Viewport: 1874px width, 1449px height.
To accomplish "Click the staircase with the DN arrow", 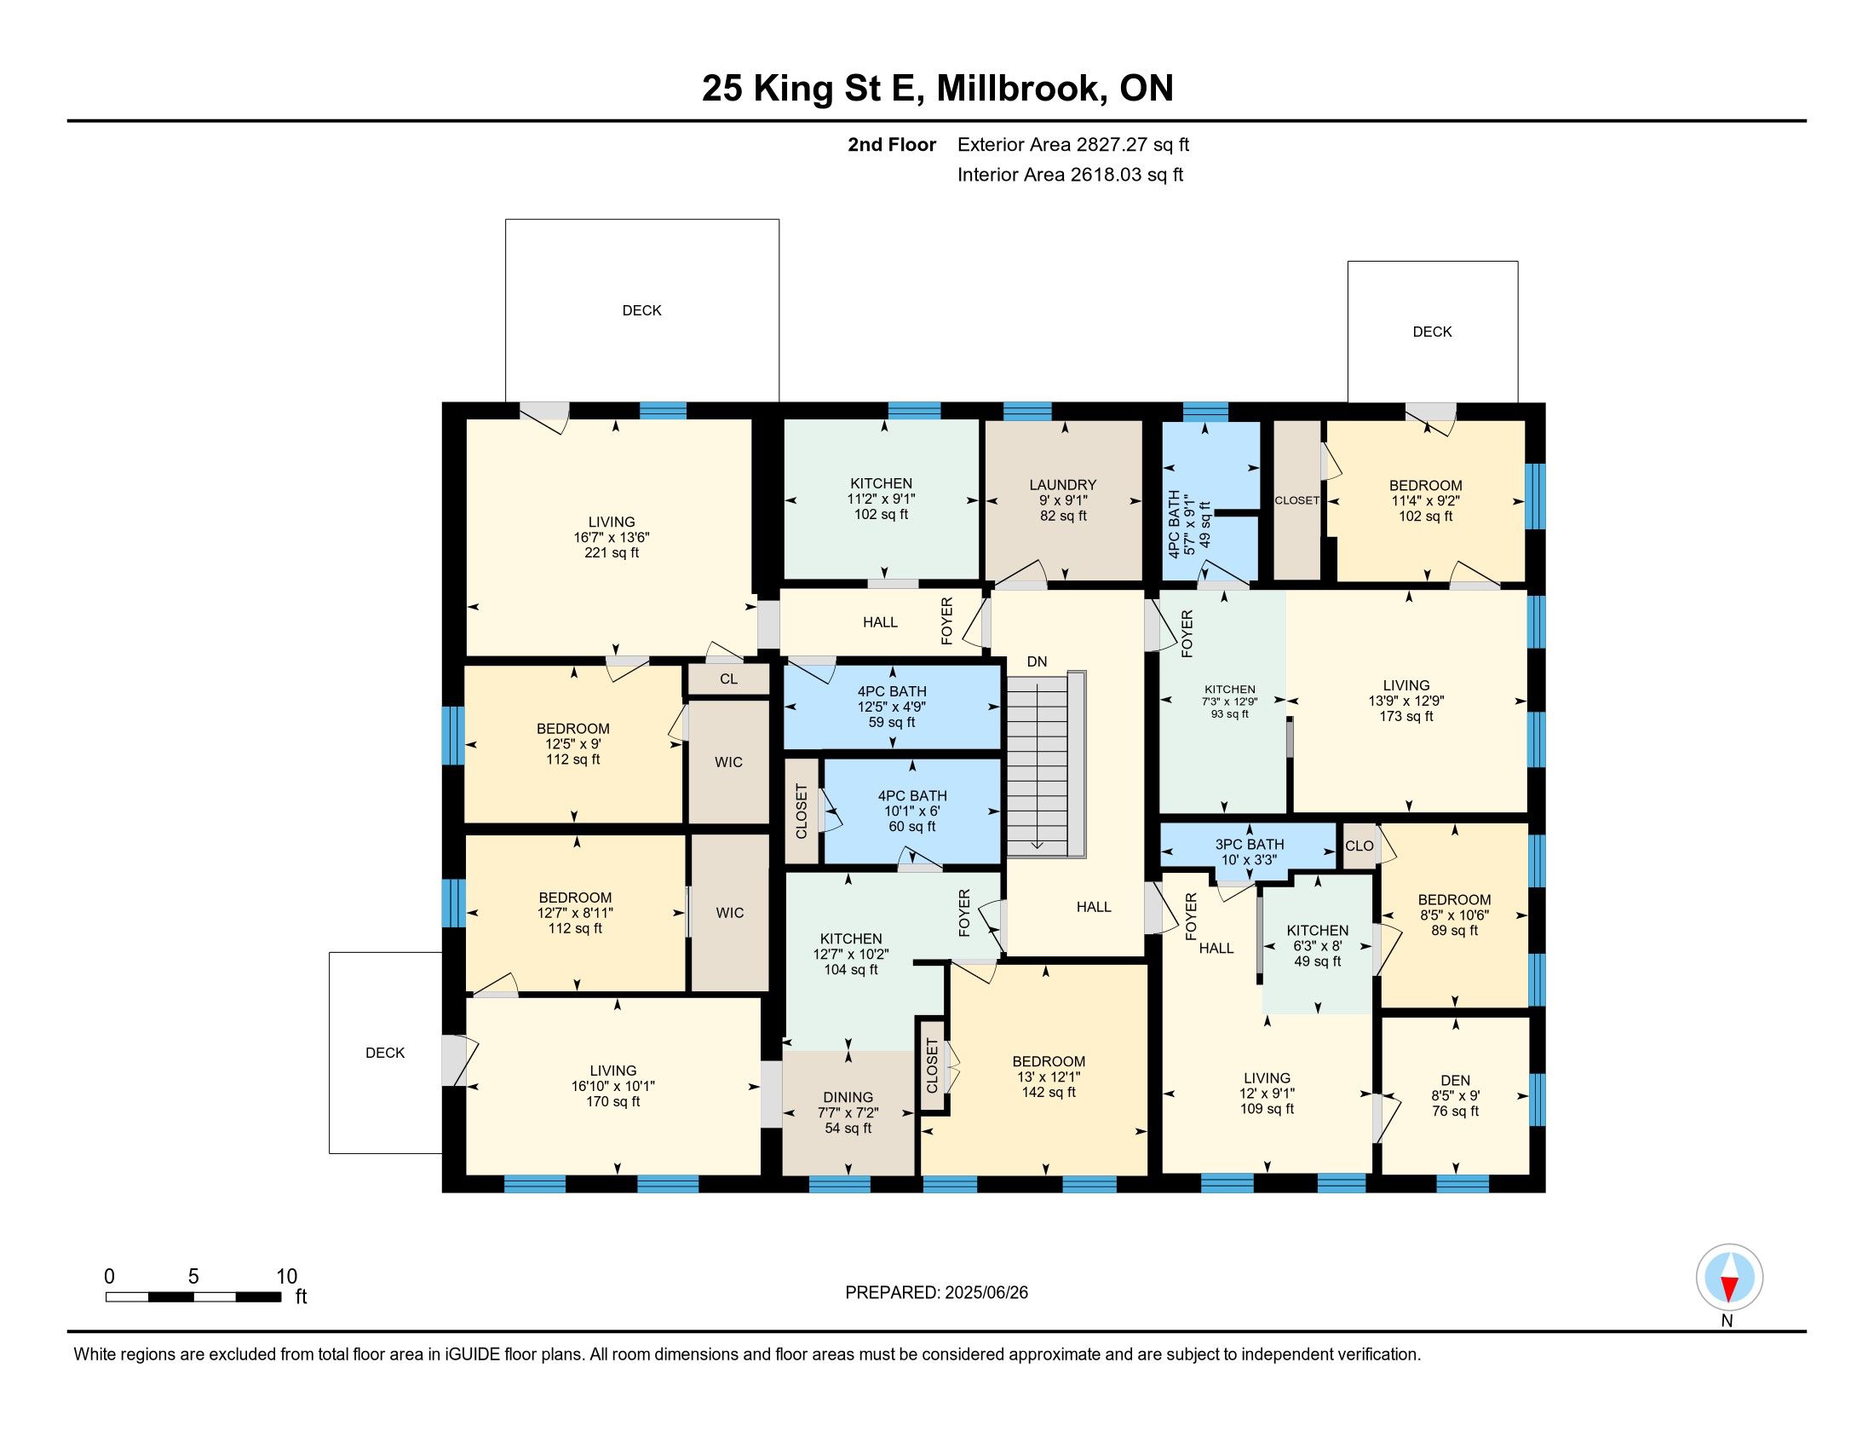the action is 1046,764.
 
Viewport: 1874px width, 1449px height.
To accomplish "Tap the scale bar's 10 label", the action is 286,1277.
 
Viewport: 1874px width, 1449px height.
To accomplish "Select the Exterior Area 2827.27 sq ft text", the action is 1073,144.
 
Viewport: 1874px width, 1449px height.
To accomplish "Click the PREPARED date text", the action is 936,1293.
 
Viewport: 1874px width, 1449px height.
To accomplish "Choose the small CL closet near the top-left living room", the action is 728,679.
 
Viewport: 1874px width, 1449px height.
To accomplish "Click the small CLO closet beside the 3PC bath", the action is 1360,846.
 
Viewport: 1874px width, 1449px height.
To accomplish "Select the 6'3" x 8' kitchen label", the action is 1317,946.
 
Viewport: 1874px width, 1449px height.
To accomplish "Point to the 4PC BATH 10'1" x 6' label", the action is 912,811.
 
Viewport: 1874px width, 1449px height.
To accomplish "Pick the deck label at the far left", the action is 385,1053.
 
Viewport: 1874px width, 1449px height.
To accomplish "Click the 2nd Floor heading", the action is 892,144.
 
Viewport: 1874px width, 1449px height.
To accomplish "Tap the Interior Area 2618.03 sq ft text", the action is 1070,174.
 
